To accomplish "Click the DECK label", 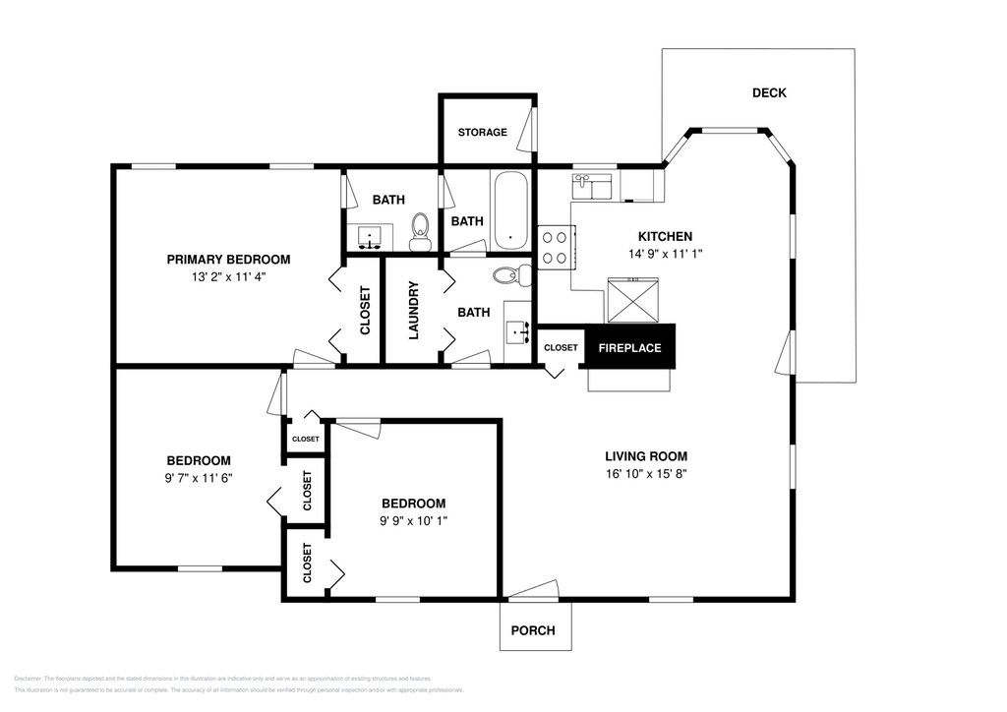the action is pos(769,93).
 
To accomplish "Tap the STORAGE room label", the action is pos(482,132).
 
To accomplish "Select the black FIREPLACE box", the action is pos(630,347).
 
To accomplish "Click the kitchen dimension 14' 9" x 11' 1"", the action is pos(665,254).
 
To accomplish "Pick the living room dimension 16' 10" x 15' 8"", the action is pos(645,473).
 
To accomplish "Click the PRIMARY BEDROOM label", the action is pos(228,260).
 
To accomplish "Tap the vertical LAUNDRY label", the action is pos(413,311).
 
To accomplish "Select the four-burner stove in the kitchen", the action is pos(555,247).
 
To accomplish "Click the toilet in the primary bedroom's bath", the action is pos(421,228).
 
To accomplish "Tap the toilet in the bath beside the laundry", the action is pos(509,274).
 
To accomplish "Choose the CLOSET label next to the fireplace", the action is pos(561,347).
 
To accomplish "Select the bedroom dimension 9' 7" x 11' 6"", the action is pos(199,478).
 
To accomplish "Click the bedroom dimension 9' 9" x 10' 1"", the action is pos(414,520).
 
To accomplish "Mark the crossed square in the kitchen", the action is pos(634,300).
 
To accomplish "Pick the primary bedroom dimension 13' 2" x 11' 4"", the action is pos(228,276).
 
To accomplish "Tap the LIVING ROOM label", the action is pos(645,456).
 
